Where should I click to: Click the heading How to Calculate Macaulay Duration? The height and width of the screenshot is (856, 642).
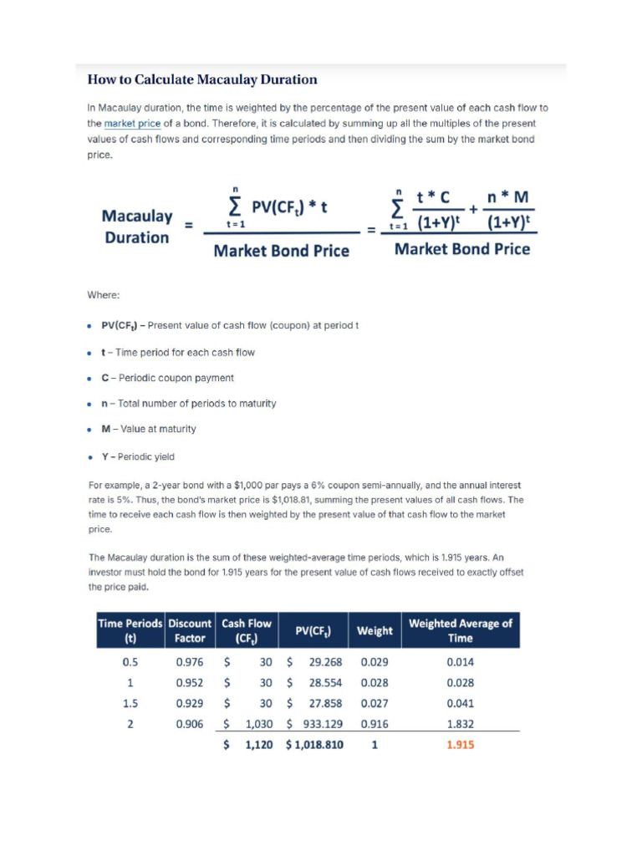coord(202,80)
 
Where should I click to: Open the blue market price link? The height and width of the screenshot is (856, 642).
coord(132,123)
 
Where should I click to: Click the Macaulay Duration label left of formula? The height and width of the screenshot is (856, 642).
coord(137,227)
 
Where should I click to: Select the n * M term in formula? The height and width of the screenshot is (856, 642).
coord(509,198)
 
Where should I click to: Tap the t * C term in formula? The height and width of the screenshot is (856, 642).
coord(433,198)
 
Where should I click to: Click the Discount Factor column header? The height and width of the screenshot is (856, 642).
coord(190,630)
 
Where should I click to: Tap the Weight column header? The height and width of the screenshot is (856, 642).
coord(374,630)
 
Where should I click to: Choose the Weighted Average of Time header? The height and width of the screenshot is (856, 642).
coord(460,630)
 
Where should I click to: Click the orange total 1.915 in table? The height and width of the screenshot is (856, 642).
coord(460,744)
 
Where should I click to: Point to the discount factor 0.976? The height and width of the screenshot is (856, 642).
coord(190,661)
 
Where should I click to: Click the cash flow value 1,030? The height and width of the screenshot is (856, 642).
coord(257,724)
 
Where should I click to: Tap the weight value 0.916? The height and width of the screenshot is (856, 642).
coord(374,724)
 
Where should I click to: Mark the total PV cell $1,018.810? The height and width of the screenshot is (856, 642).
coord(314,744)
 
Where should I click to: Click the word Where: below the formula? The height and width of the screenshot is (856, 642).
coord(104,295)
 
